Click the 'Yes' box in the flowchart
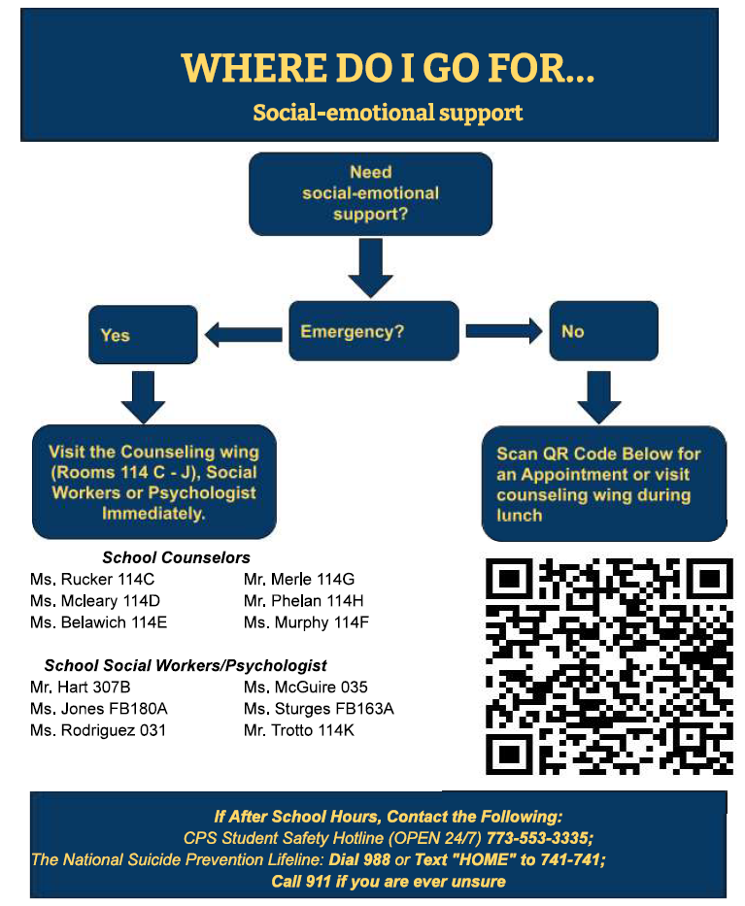point(143,335)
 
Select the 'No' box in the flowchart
point(603,331)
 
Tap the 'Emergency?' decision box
point(374,331)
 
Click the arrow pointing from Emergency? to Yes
point(244,335)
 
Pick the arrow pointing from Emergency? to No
point(504,330)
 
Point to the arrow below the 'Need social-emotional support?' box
point(370,268)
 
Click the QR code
point(609,666)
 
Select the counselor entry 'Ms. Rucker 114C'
point(92,579)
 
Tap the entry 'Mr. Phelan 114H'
point(303,601)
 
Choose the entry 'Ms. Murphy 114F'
point(306,622)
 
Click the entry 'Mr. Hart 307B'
point(81,687)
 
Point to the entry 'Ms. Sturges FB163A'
point(319,709)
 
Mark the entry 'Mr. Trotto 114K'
point(299,730)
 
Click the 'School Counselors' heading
point(176,557)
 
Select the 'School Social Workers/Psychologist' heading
point(186,665)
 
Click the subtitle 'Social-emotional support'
point(388,113)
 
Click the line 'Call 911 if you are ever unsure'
point(389,881)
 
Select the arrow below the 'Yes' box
point(143,397)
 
